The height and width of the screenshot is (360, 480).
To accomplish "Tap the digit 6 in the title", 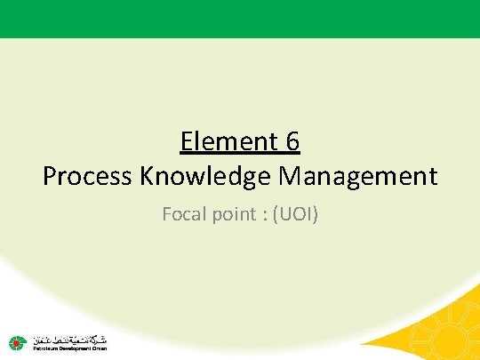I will [x=292, y=141].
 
